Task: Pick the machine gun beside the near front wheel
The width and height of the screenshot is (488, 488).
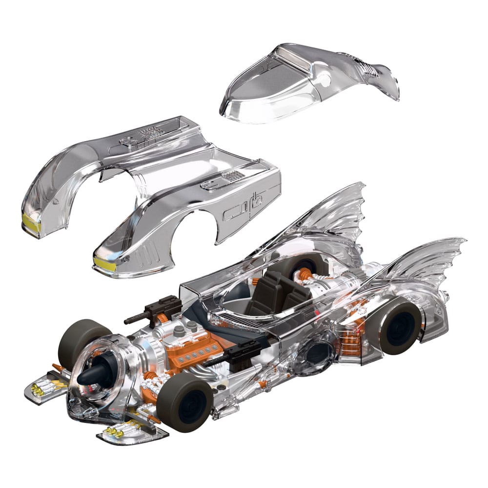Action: pyautogui.click(x=229, y=356)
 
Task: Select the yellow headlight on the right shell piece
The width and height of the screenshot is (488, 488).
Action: pyautogui.click(x=104, y=264)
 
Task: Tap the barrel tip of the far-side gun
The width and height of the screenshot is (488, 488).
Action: pyautogui.click(x=126, y=321)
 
